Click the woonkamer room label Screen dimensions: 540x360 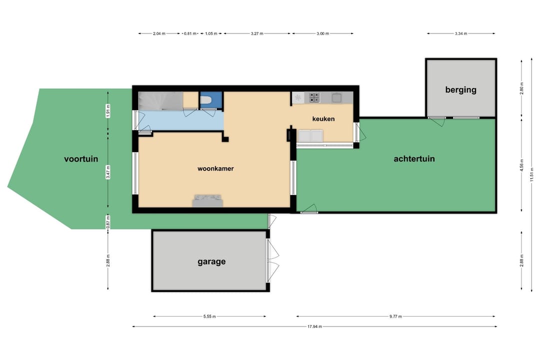pos(215,168)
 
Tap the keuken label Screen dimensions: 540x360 pos(323,119)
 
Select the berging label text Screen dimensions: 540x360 pos(461,90)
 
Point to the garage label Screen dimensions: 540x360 pos(211,262)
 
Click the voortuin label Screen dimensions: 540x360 pos(81,159)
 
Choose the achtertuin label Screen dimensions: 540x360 pos(414,159)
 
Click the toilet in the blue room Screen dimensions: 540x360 pos(205,100)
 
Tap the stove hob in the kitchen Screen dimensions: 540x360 pos(314,98)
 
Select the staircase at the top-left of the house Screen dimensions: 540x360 pos(160,101)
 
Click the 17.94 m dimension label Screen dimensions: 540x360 pos(314,326)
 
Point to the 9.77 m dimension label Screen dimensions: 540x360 pos(395,316)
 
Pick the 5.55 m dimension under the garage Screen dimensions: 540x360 pos(209,316)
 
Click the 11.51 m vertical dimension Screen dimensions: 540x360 pos(531,174)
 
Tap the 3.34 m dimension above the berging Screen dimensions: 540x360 pos(461,33)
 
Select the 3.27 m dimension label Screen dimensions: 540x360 pos(257,33)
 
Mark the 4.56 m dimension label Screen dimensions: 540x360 pos(521,165)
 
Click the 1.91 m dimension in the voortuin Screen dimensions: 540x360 pos(108,111)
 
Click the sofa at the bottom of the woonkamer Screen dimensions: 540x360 pos(207,201)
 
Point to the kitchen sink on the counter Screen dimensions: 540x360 pos(336,98)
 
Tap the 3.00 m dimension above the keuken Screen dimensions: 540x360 pos(322,33)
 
